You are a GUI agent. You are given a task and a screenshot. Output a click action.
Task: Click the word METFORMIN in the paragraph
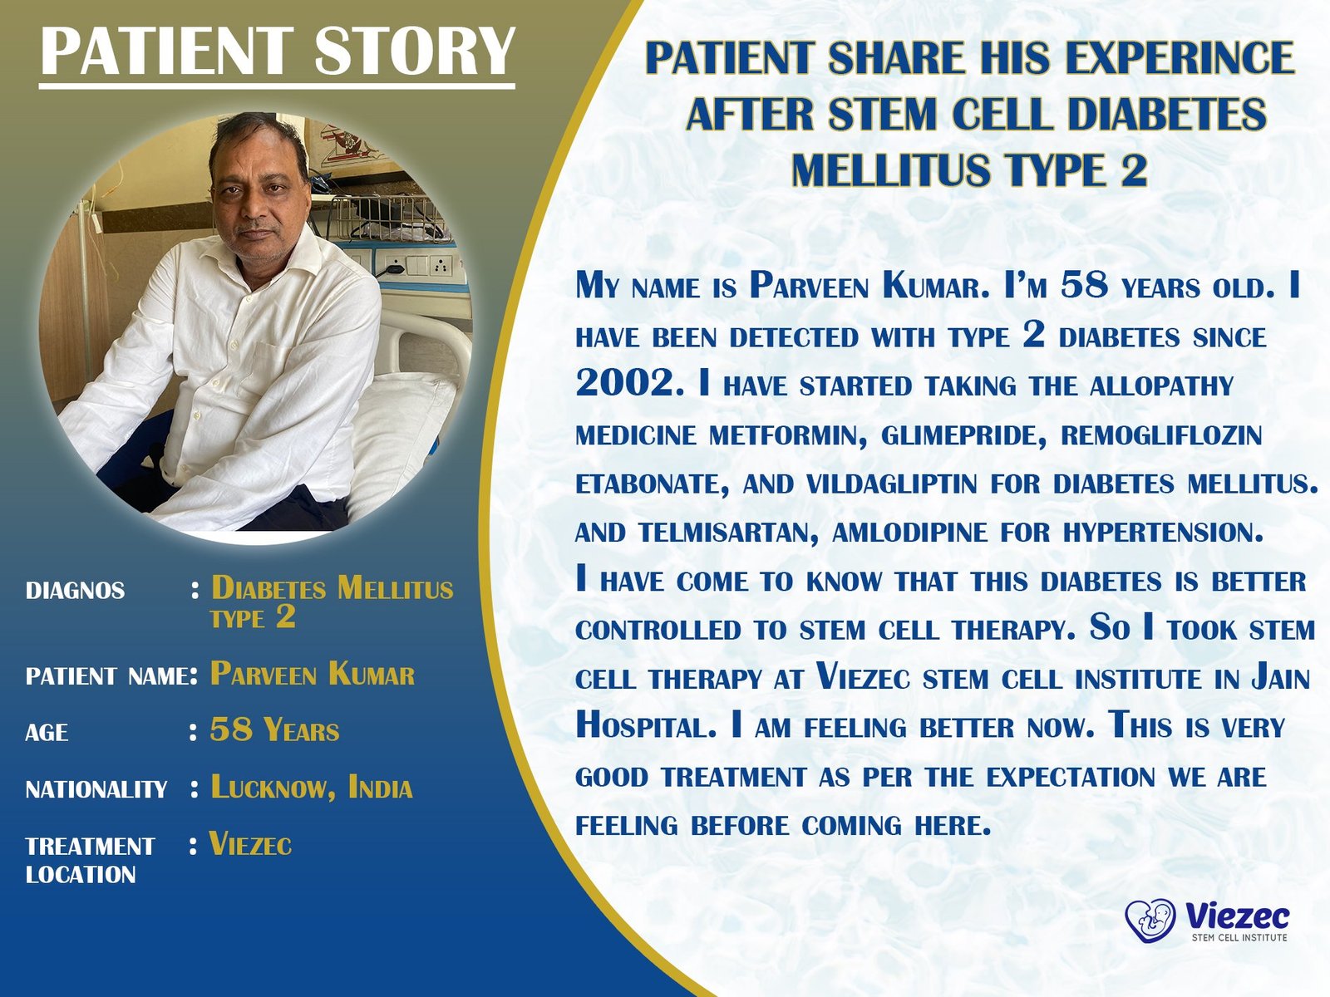point(788,435)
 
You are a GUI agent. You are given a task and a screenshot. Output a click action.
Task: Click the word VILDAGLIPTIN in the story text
point(891,484)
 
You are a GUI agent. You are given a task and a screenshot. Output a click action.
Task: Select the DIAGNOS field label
point(75,590)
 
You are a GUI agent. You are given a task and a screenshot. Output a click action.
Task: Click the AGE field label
point(47,733)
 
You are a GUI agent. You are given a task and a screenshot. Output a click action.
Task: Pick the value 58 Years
point(274,729)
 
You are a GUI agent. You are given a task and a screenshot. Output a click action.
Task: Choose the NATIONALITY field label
point(96,789)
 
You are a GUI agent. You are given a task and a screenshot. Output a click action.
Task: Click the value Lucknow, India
point(312,788)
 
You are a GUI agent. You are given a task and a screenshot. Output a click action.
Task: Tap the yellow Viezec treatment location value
point(250,843)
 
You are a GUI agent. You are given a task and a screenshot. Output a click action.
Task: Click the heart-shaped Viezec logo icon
point(1150,921)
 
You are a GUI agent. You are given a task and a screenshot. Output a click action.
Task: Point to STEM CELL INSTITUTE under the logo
point(1239,938)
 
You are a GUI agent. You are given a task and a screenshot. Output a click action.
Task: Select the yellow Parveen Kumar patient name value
point(312,674)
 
